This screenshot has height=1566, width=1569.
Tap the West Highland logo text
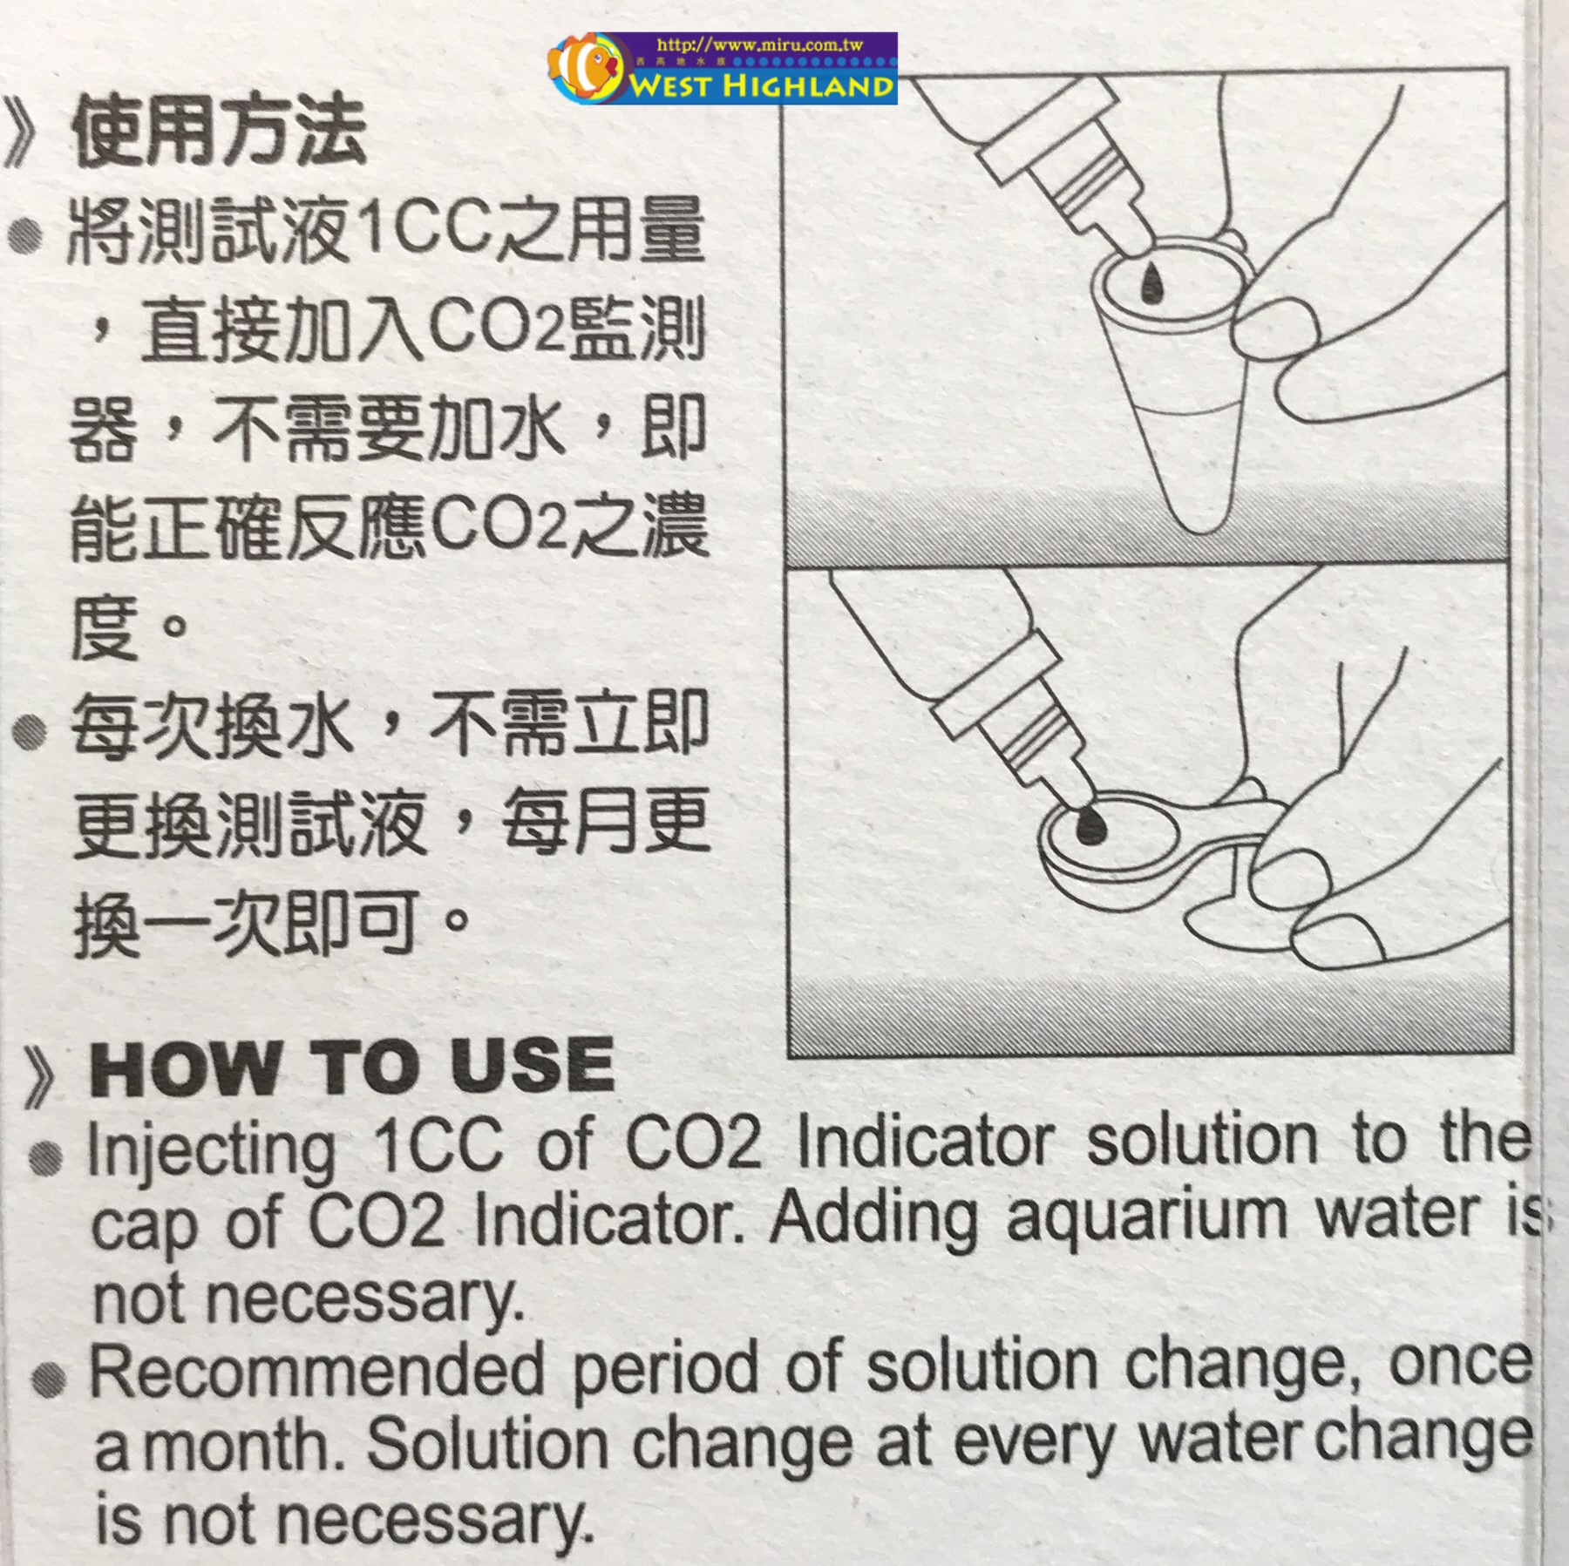coord(763,86)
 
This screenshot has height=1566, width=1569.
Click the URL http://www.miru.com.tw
coord(759,44)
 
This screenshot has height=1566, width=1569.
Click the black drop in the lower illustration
coord(1089,823)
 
